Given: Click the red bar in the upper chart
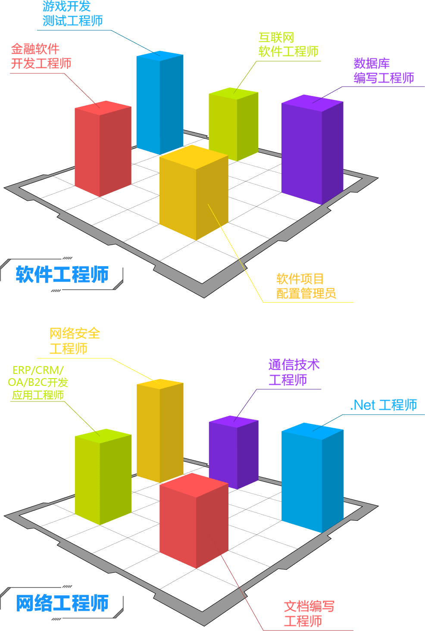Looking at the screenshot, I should coord(103,149).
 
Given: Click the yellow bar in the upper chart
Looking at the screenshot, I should coord(194,194).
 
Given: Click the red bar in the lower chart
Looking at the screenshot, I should coord(194,521).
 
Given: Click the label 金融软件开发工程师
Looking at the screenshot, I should coord(41,56).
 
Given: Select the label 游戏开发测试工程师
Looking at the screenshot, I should coord(72,14).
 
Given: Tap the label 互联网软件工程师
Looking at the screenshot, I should coord(288,45).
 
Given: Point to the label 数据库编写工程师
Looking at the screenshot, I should coord(384,71).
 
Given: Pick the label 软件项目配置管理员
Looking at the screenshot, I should coord(306,286).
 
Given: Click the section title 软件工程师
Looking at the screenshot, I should coord(62,275).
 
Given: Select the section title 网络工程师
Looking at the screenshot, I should coord(62,603).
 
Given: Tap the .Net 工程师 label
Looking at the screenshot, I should coord(384,405).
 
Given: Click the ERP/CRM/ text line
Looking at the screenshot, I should coord(38,370).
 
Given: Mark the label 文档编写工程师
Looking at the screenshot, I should coord(309,614).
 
